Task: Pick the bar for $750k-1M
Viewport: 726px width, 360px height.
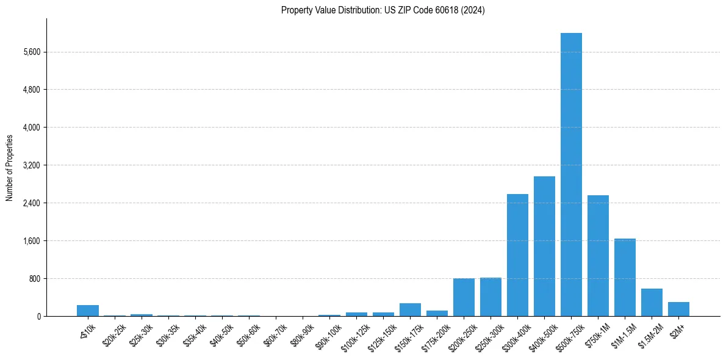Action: pyautogui.click(x=598, y=256)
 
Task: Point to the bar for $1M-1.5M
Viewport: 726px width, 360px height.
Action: pyautogui.click(x=625, y=277)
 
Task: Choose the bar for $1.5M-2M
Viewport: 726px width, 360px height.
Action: pyautogui.click(x=652, y=303)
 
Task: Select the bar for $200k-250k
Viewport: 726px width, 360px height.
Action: pyautogui.click(x=464, y=297)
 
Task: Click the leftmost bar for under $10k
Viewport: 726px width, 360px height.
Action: pyautogui.click(x=88, y=311)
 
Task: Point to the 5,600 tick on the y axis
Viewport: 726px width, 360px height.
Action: pyautogui.click(x=31, y=52)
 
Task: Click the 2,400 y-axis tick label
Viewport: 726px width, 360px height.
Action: pyautogui.click(x=31, y=203)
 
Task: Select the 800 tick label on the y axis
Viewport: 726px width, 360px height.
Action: pyautogui.click(x=34, y=279)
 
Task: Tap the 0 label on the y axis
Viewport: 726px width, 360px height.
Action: pyautogui.click(x=38, y=317)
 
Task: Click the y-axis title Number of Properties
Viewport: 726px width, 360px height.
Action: pyautogui.click(x=9, y=167)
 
